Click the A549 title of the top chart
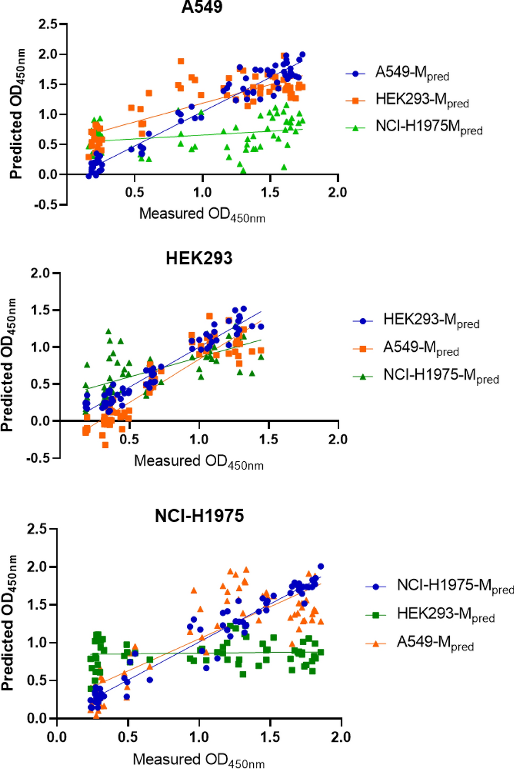click(x=202, y=7)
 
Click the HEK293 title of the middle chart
click(x=199, y=258)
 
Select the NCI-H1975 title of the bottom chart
click(x=199, y=516)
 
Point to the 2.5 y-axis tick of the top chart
click(x=48, y=24)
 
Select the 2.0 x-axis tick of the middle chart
click(x=338, y=440)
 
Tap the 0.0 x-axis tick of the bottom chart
click(x=57, y=737)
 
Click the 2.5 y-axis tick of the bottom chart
click(x=37, y=529)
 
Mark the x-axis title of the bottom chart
click(x=199, y=760)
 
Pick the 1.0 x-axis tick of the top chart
click(x=202, y=192)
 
